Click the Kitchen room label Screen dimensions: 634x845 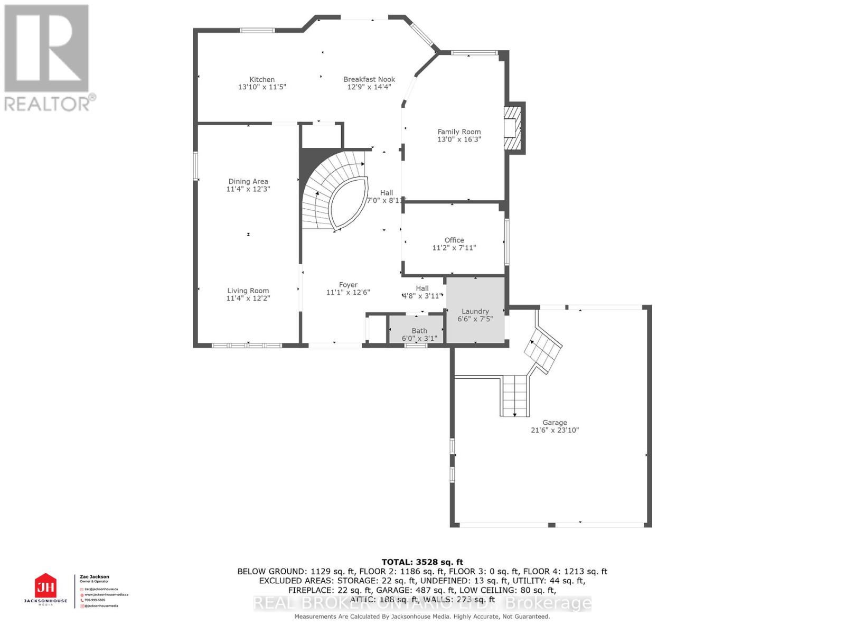(262, 79)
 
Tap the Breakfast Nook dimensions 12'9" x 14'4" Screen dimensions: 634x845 (369, 87)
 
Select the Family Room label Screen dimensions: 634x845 (459, 132)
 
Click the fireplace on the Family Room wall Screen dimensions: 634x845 (512, 128)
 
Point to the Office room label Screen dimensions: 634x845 (454, 240)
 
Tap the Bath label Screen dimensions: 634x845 (419, 331)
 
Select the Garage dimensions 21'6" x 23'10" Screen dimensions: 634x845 (555, 430)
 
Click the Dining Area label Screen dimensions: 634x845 (248, 181)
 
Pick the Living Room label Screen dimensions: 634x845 (248, 291)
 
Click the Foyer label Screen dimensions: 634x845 (348, 285)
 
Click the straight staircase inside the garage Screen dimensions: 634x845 (515, 395)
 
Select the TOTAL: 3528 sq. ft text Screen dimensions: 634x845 (422, 562)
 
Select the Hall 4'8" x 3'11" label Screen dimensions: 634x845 (422, 292)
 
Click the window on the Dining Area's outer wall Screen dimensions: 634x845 (195, 166)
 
